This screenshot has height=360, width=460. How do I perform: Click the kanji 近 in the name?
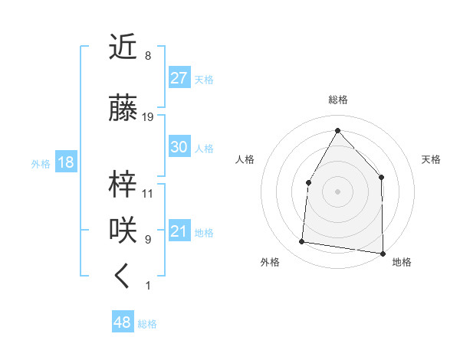pyautogui.click(x=123, y=48)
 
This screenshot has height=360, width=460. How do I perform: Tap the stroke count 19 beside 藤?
pyautogui.click(x=148, y=117)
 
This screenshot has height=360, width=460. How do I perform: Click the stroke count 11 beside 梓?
pyautogui.click(x=148, y=194)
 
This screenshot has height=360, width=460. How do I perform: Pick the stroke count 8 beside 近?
pyautogui.click(x=148, y=56)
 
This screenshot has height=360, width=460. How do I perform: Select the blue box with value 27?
pyautogui.click(x=179, y=78)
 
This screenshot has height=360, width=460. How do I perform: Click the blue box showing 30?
pyautogui.click(x=179, y=147)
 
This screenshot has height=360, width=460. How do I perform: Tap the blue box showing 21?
pyautogui.click(x=179, y=231)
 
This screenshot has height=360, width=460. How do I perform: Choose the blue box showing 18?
pyautogui.click(x=66, y=162)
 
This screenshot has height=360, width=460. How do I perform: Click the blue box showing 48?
pyautogui.click(x=122, y=322)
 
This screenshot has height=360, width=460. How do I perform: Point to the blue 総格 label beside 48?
pyautogui.click(x=147, y=324)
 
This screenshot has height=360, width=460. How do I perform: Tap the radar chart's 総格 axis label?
pyautogui.click(x=337, y=100)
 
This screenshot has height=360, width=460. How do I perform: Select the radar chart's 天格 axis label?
pyautogui.click(x=432, y=159)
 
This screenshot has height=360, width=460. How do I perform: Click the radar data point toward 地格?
pyautogui.click(x=383, y=253)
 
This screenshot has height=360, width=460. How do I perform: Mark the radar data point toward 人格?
pyautogui.click(x=309, y=182)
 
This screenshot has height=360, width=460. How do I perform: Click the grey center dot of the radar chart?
pyautogui.click(x=337, y=191)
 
